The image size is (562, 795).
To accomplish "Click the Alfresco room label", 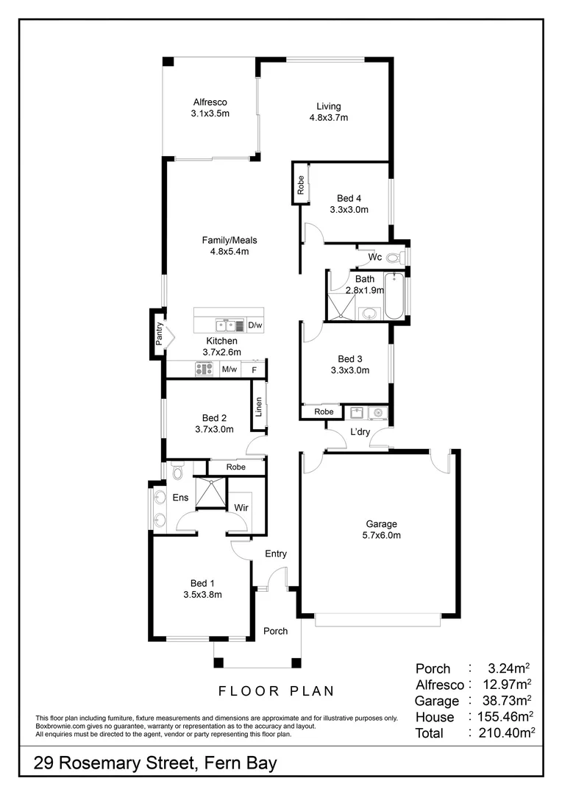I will (x=210, y=102).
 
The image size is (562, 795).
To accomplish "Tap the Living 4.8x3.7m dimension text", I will (x=328, y=118).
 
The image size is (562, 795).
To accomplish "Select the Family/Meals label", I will (x=230, y=240).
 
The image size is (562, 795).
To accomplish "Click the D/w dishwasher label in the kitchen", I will (x=255, y=325).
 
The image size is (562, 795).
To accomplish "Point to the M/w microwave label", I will (x=230, y=370).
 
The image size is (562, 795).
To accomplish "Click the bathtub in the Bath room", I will (x=394, y=296).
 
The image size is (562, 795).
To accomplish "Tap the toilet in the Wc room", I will (x=394, y=258).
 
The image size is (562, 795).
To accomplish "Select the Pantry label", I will (x=158, y=333).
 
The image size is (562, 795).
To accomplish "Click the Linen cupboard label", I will (x=259, y=407).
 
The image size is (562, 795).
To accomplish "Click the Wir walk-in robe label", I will (x=241, y=508).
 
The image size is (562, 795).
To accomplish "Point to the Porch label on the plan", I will (x=276, y=631).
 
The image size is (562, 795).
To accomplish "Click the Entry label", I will (x=276, y=554).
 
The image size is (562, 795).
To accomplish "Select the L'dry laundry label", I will (x=360, y=432).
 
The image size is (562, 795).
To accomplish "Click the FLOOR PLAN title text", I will (x=276, y=691).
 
